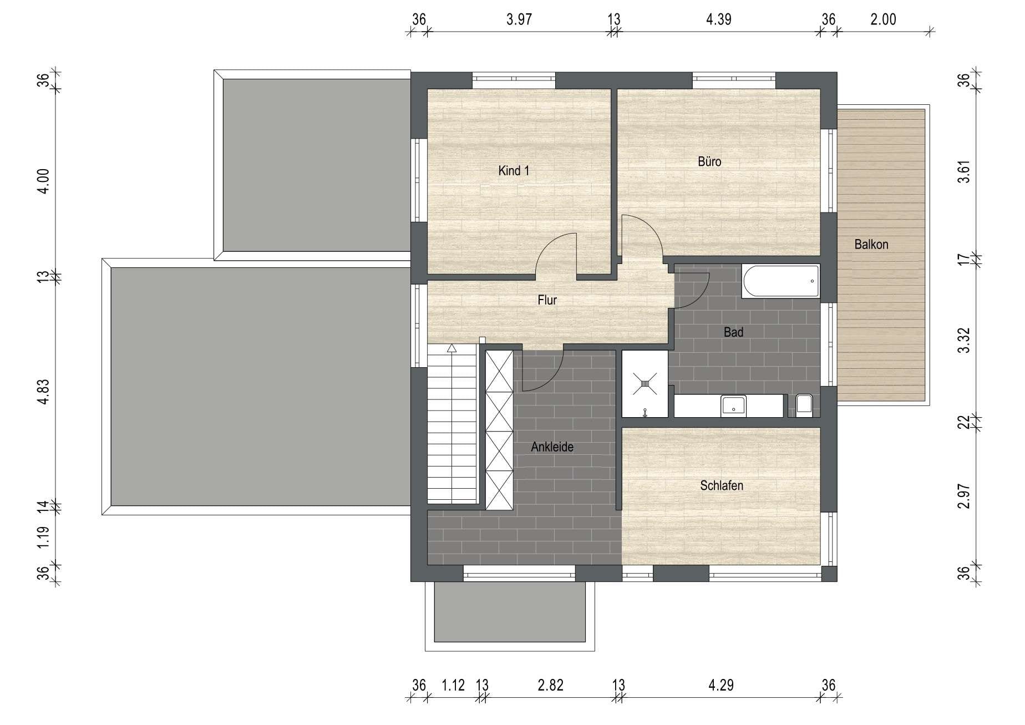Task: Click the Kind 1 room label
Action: pyautogui.click(x=514, y=171)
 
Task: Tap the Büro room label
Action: pyautogui.click(x=709, y=161)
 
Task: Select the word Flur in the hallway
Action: pyautogui.click(x=547, y=300)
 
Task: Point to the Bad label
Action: pyautogui.click(x=733, y=332)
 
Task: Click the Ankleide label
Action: pyautogui.click(x=552, y=447)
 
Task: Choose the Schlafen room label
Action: pyautogui.click(x=722, y=485)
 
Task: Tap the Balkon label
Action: pyautogui.click(x=871, y=244)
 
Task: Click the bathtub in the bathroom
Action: pyautogui.click(x=780, y=281)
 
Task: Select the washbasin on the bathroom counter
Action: pyautogui.click(x=734, y=405)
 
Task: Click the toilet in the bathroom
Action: pyautogui.click(x=804, y=405)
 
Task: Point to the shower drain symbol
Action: pyautogui.click(x=645, y=383)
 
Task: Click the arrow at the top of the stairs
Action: pyautogui.click(x=451, y=348)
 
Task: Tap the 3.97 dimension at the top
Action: pyautogui.click(x=519, y=19)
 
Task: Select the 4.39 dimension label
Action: pyautogui.click(x=719, y=19)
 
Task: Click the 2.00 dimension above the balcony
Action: pyautogui.click(x=883, y=19)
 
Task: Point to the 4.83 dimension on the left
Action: pyautogui.click(x=43, y=392)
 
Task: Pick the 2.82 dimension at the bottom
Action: pyautogui.click(x=550, y=685)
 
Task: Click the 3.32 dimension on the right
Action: pyautogui.click(x=965, y=340)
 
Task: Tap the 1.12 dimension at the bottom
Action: pyautogui.click(x=453, y=685)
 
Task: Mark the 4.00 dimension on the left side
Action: pyautogui.click(x=43, y=181)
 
